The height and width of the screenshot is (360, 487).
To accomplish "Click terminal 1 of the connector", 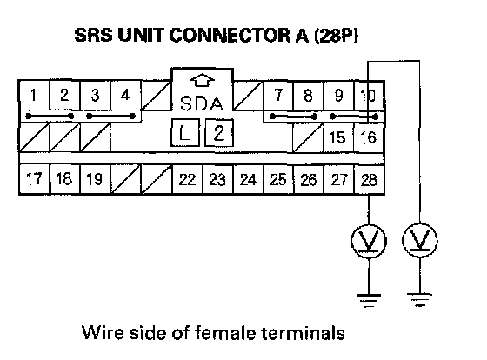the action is point(34,95).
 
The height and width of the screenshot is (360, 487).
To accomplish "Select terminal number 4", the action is point(126,95).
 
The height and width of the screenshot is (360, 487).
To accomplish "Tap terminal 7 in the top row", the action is point(278,95).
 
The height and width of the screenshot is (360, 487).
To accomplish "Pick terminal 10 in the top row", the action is point(369,95).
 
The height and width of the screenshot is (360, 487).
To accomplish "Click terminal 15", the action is point(338,137).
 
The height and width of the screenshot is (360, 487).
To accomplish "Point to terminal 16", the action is point(369,137).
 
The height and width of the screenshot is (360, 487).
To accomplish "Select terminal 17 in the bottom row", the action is point(34,179).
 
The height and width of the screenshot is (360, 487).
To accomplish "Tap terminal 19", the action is point(95,179).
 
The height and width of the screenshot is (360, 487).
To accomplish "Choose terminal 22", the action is point(187,179).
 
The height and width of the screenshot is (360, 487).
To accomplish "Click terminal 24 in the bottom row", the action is point(248,179).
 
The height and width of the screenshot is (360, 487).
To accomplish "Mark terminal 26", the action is point(309,179).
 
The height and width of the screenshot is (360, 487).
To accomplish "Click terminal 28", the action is point(369,179).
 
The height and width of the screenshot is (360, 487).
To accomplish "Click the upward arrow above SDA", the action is point(202,80).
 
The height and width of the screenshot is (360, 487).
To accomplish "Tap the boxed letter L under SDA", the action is point(185,133).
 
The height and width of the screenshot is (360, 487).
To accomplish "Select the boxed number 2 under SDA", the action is point(219,133).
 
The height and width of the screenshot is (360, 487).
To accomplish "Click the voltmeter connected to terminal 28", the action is point(369,241).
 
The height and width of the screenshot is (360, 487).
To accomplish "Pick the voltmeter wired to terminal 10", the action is point(419,240).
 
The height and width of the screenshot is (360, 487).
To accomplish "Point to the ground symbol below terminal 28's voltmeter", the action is point(369,300).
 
